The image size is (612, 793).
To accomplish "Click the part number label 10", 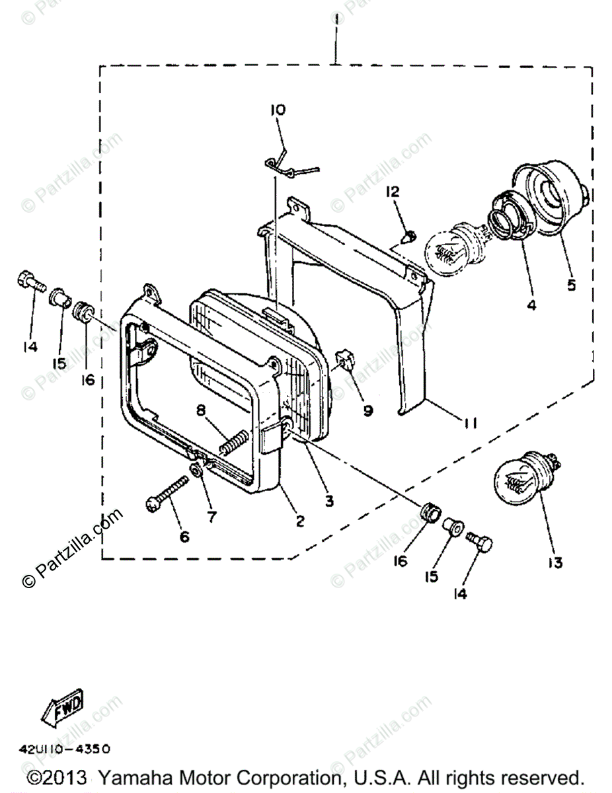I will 277,110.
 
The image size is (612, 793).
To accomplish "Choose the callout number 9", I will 367,410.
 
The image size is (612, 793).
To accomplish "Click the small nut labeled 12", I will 409,234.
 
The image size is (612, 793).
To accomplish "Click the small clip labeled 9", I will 345,359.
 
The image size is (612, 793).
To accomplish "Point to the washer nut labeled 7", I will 196,471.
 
